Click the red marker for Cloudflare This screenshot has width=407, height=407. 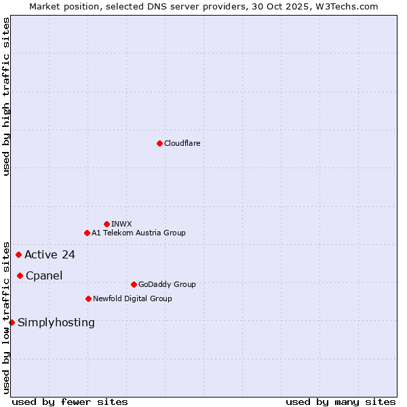[x=159, y=143]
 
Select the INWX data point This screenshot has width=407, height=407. [x=106, y=224]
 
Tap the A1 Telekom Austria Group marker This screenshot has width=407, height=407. [x=87, y=233]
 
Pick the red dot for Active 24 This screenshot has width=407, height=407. [x=18, y=255]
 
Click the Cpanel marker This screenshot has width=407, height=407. [x=20, y=275]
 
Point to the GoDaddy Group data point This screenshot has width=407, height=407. [x=134, y=284]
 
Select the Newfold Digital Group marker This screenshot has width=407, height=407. [x=88, y=298]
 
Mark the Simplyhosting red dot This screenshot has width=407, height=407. [x=12, y=322]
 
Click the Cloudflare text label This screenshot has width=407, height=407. [x=182, y=143]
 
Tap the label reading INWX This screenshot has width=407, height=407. [x=121, y=224]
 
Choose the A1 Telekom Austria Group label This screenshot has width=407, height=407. [x=138, y=233]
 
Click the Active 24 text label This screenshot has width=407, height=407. [x=50, y=255]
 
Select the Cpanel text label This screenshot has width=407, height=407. [x=44, y=275]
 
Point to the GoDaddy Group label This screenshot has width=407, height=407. [x=167, y=284]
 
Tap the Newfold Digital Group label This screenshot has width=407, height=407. [x=132, y=298]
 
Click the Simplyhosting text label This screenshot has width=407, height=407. [x=56, y=322]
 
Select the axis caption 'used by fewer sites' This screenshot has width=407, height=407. [x=70, y=402]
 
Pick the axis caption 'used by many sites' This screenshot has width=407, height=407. [x=341, y=402]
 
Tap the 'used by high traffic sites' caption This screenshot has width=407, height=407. [x=6, y=96]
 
